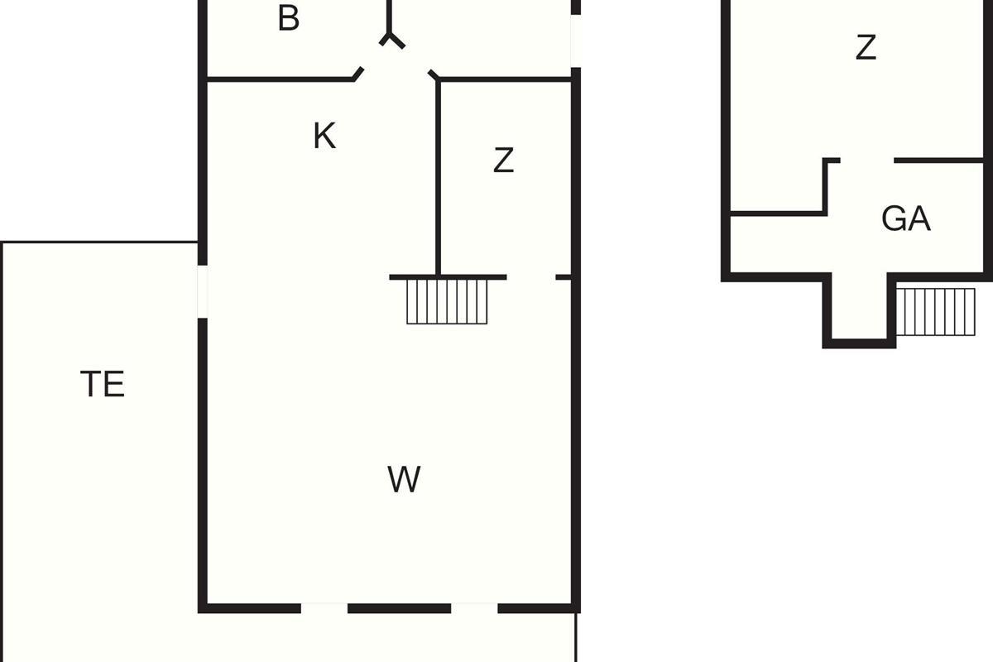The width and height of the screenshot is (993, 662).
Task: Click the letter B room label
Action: tap(289, 18)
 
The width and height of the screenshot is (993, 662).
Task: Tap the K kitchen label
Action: tap(324, 136)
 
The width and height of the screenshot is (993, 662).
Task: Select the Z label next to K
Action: tap(504, 160)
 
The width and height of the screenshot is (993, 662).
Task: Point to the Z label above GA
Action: tap(866, 47)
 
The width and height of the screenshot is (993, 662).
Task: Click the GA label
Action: tap(905, 218)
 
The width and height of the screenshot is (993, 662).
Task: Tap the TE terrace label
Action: tap(103, 383)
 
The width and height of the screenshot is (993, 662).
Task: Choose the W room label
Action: tap(404, 479)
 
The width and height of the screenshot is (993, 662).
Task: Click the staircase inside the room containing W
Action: tap(447, 301)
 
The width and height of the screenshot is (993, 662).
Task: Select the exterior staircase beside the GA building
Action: tap(935, 312)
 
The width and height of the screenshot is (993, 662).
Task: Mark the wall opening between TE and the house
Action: tap(203, 292)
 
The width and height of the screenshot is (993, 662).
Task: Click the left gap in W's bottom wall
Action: tap(324, 608)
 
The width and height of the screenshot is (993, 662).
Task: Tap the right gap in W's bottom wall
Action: tap(474, 608)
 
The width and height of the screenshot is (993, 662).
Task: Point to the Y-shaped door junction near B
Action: tap(390, 36)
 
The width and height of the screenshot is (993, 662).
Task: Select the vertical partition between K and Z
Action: tap(438, 178)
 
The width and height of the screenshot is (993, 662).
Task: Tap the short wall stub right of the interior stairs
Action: tap(563, 277)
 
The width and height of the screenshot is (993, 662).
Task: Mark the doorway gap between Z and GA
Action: tap(867, 160)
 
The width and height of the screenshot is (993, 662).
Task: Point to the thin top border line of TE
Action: tap(100, 242)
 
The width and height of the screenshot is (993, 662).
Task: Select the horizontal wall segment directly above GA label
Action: tap(938, 160)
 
